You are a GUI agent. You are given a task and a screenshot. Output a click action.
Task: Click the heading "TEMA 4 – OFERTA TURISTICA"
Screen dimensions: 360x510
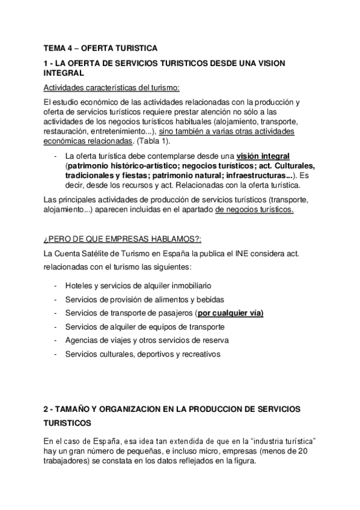tap(100, 49)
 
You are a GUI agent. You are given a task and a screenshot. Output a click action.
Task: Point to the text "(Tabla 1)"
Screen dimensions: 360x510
tap(152, 141)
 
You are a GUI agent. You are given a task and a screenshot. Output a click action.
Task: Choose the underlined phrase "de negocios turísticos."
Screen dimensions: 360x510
tap(254, 209)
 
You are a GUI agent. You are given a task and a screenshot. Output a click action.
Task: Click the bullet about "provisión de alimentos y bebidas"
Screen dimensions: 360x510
tap(144, 299)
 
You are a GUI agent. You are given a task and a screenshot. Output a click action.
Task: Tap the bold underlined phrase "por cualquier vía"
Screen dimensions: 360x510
tap(230, 313)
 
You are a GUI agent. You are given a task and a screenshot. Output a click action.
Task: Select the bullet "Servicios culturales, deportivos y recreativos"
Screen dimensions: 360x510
tap(143, 354)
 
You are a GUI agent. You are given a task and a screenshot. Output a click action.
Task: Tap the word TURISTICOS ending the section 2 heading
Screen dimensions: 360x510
tap(67, 423)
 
